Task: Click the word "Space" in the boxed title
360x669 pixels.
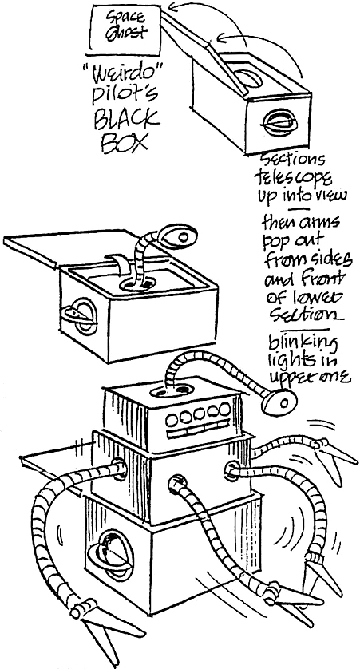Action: [125, 18]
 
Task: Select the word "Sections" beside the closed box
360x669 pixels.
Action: [292, 160]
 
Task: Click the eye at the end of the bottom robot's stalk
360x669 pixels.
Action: [279, 402]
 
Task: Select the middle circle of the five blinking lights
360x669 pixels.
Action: [198, 414]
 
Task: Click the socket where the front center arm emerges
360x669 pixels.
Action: [176, 483]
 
